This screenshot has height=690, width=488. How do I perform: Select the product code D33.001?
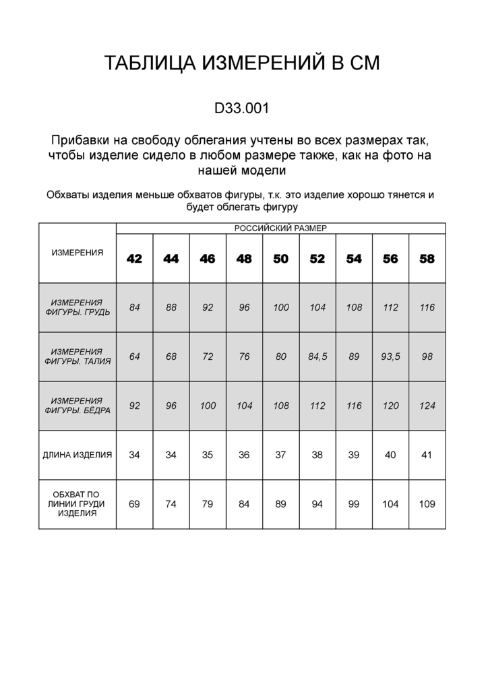(x=243, y=108)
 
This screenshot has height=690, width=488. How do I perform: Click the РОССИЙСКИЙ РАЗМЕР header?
(x=280, y=228)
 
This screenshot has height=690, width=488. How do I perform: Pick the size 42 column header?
(x=135, y=259)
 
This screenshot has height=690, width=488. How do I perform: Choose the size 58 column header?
(x=427, y=259)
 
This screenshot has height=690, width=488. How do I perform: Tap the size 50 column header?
(x=281, y=259)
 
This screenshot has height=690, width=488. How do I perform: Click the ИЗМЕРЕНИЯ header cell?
(x=78, y=253)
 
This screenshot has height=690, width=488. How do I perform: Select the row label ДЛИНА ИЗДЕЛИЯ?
(x=78, y=455)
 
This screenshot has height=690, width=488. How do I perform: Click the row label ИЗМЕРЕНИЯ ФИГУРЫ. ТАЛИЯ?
(x=78, y=356)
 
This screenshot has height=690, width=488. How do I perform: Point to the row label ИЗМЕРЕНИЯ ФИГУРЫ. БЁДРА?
(x=78, y=406)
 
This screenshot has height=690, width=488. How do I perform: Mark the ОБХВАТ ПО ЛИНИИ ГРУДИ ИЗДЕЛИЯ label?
(x=78, y=504)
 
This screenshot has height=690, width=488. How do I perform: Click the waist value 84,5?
(x=317, y=356)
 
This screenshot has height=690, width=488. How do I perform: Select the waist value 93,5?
(x=390, y=356)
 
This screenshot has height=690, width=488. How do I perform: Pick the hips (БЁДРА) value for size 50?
(x=281, y=406)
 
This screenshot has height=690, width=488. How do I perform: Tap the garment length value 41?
(x=427, y=455)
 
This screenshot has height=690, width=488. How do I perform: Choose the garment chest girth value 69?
(x=135, y=504)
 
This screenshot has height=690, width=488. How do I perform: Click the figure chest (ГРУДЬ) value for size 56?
(x=390, y=307)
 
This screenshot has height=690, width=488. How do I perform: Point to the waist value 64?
(x=135, y=356)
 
